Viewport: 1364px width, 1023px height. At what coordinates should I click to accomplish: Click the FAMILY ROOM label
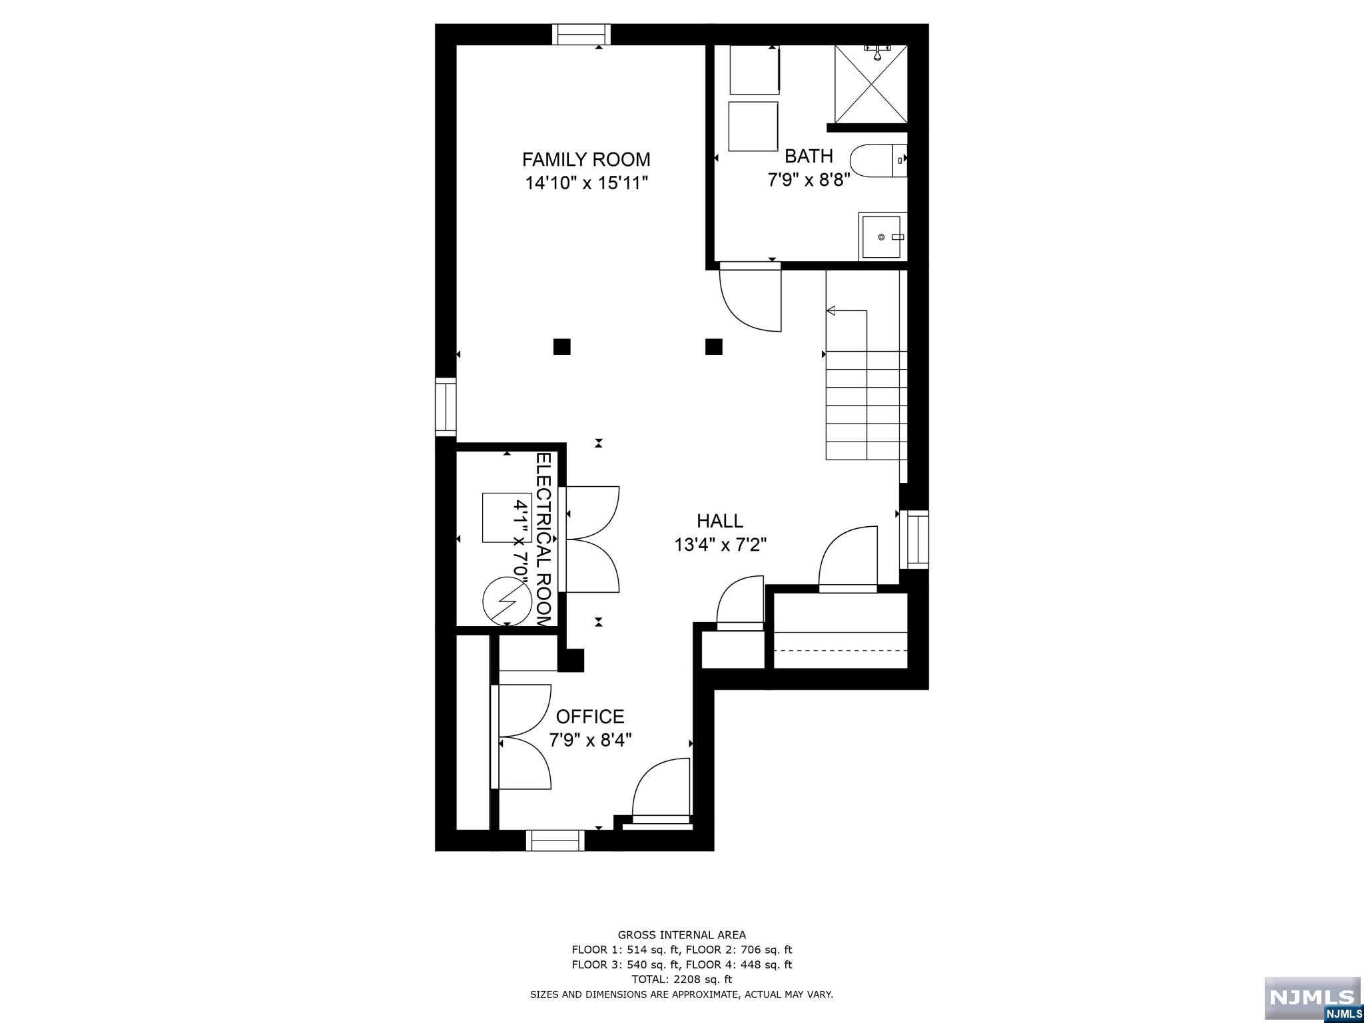tap(586, 160)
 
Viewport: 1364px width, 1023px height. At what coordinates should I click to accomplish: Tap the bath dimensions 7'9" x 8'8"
tap(809, 180)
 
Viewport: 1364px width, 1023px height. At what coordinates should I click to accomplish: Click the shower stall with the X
tap(871, 85)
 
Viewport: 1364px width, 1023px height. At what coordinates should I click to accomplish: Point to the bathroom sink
tap(882, 236)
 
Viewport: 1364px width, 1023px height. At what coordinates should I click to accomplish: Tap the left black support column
tap(562, 346)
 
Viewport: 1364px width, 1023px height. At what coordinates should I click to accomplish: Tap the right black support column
tap(714, 346)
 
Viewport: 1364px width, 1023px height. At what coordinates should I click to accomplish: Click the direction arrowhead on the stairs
tap(831, 310)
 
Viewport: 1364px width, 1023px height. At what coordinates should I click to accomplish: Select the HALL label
tap(720, 521)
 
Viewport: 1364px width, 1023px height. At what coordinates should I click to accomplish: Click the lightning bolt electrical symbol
tap(508, 601)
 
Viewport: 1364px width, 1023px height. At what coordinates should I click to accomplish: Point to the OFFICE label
tap(590, 717)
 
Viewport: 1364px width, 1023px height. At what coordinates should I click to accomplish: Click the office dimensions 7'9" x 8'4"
tap(590, 740)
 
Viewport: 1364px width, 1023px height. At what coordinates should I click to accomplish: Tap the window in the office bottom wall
tap(555, 840)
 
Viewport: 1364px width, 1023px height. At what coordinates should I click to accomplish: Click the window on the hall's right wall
tap(914, 539)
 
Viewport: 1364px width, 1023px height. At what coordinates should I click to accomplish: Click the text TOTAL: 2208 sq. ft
tap(681, 979)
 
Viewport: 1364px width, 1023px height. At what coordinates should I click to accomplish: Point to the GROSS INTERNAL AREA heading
tap(681, 935)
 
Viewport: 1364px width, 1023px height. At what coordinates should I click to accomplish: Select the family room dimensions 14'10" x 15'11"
tap(586, 183)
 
